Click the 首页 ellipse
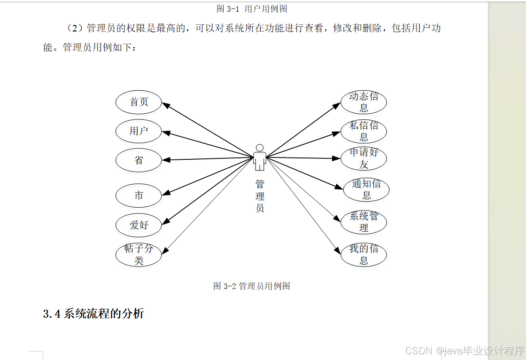139,102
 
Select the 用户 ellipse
139,131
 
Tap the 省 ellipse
139,160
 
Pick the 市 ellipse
139,196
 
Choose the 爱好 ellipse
139,225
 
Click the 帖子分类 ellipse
139,255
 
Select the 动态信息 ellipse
364,102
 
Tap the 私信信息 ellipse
364,131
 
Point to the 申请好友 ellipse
364,158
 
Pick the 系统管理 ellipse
364,222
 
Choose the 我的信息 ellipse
364,255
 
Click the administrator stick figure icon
259,157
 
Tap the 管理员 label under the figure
260,196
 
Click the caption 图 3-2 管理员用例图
251,286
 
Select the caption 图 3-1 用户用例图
252,8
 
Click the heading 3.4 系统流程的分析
93,314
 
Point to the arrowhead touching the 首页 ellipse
166,105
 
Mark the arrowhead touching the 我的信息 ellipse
337,252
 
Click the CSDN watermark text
464,351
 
